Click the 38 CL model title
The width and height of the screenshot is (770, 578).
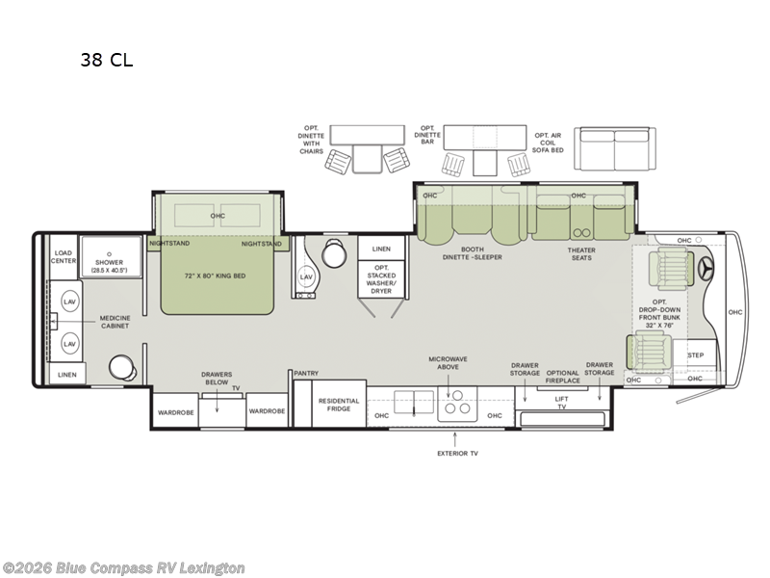[x=107, y=61]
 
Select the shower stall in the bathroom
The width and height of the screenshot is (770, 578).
[x=110, y=258]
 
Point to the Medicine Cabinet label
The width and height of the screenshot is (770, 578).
[x=107, y=322]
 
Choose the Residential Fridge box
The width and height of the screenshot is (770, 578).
[x=339, y=405]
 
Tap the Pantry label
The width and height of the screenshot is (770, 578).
[x=307, y=374]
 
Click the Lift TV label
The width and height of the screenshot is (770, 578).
[x=562, y=405]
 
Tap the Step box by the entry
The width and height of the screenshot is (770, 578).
[x=695, y=355]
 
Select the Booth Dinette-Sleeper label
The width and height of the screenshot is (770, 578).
[x=473, y=253]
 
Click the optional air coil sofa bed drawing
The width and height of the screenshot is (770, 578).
[x=613, y=149]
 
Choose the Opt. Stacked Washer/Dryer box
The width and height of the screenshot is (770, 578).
[x=380, y=276]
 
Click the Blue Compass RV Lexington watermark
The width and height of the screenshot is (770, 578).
[x=123, y=567]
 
